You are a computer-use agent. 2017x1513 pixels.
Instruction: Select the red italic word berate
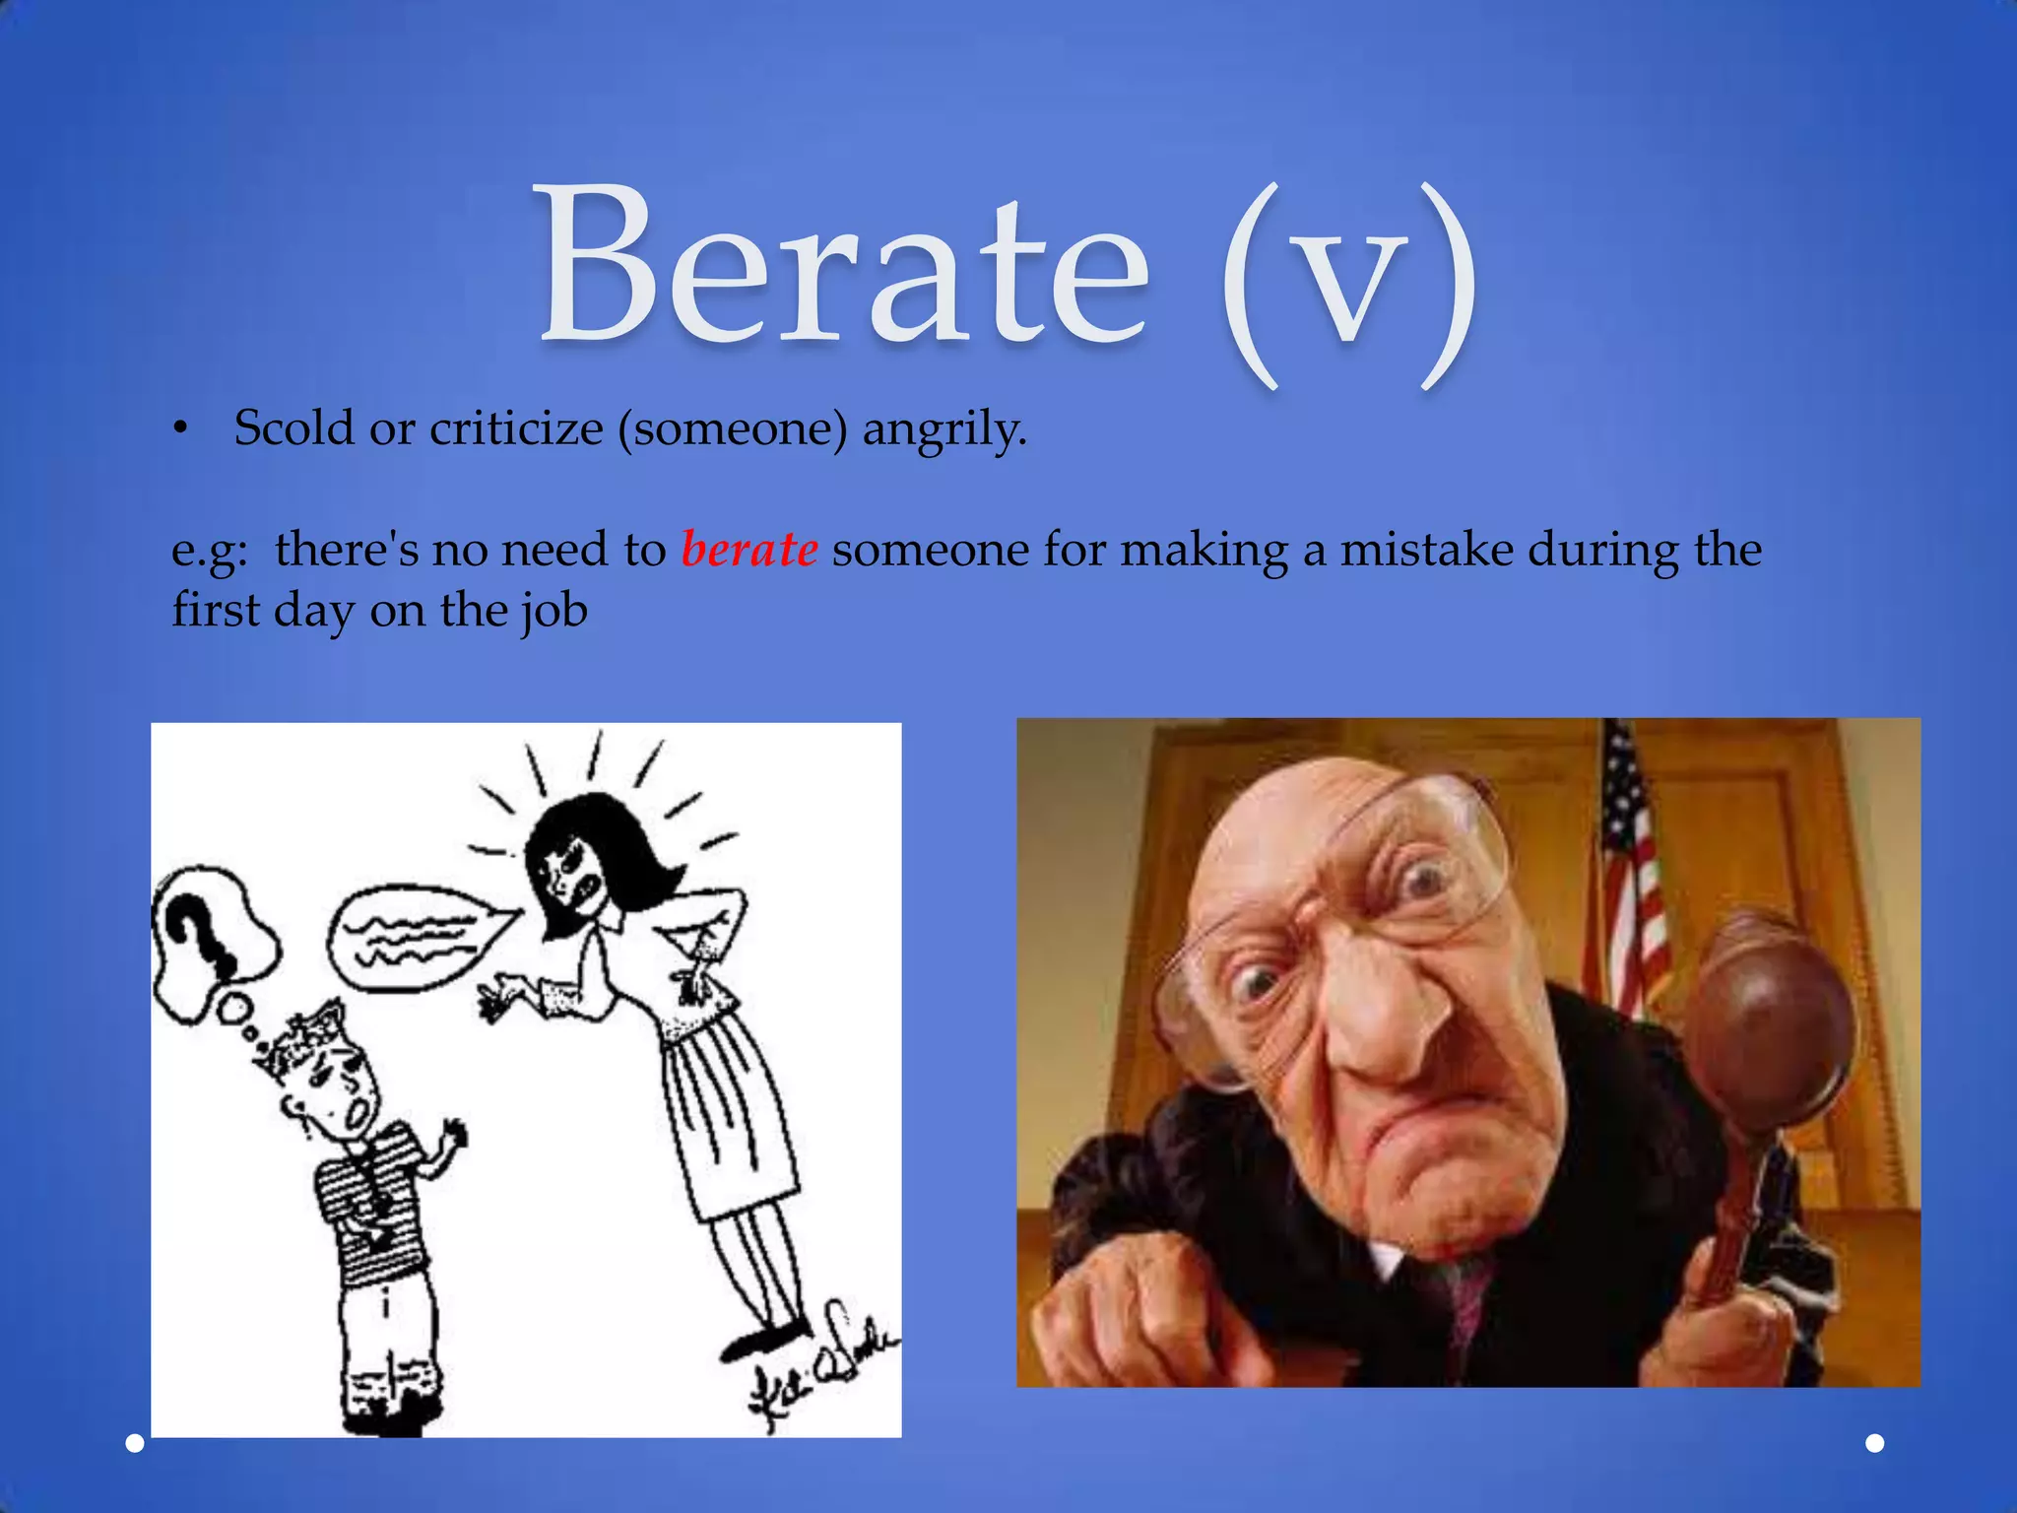(748, 549)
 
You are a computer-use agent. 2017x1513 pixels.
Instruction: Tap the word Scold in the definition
(293, 428)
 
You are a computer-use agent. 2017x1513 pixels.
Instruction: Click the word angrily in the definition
(944, 430)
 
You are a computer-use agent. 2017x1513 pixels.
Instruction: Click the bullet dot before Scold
(178, 428)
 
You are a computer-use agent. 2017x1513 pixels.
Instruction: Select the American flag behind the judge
(1630, 867)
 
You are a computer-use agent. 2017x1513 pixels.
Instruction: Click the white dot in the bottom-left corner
(135, 1444)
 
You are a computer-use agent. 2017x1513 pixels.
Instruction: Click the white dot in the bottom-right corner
(1875, 1443)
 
